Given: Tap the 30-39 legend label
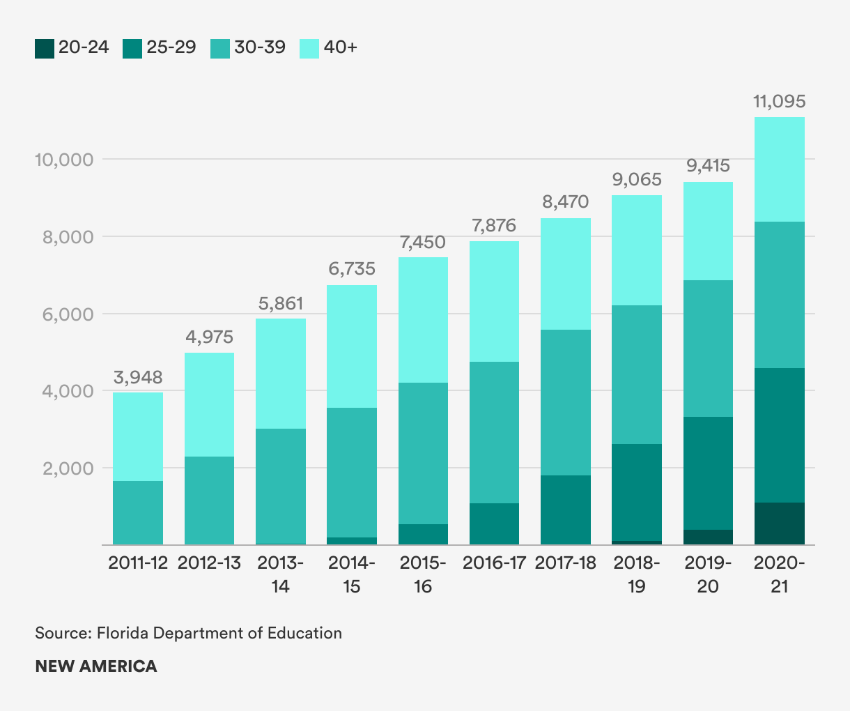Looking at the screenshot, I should pyautogui.click(x=260, y=47).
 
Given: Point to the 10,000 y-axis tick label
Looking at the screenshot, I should pyautogui.click(x=64, y=160).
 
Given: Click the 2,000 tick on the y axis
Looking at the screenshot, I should pyautogui.click(x=68, y=468).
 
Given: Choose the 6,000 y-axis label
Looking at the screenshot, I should pyautogui.click(x=68, y=314).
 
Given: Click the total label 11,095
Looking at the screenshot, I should pyautogui.click(x=779, y=102).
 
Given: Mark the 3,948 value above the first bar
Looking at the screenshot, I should pyautogui.click(x=138, y=378).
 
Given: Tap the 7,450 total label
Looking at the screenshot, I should pyautogui.click(x=422, y=243).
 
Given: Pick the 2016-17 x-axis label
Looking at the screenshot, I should pyautogui.click(x=494, y=563).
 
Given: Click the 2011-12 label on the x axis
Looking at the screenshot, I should pyautogui.click(x=138, y=563).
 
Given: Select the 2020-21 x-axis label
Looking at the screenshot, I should pyautogui.click(x=779, y=574).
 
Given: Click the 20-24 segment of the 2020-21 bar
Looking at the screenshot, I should pyautogui.click(x=779, y=523).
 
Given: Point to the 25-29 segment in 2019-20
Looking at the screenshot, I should pyautogui.click(x=708, y=473).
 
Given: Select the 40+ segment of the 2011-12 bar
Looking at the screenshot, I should pyautogui.click(x=138, y=436).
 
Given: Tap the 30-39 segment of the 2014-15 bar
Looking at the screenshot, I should pyautogui.click(x=352, y=472).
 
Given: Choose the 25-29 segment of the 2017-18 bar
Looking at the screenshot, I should pyautogui.click(x=566, y=510).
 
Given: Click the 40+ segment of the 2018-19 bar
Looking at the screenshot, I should pyautogui.click(x=637, y=250).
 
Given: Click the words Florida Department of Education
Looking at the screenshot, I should pyautogui.click(x=219, y=633).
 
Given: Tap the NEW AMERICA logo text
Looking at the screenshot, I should pyautogui.click(x=96, y=666).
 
